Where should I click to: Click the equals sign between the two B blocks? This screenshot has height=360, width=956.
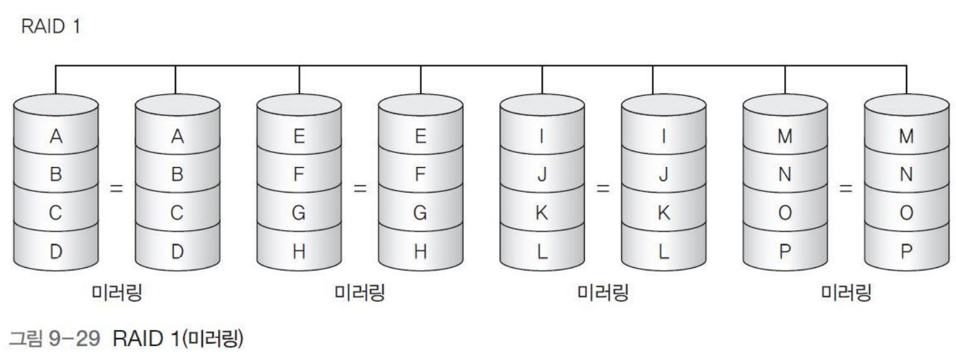(x=116, y=187)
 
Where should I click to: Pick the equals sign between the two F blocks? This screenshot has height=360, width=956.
(x=359, y=187)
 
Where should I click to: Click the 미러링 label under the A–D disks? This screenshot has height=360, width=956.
(x=117, y=292)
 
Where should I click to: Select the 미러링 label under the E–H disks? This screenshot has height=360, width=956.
(x=360, y=292)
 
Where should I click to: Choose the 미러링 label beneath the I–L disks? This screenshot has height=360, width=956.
(x=602, y=292)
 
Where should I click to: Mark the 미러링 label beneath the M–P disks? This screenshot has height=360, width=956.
(x=846, y=292)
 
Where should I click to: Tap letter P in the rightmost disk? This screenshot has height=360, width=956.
(x=906, y=251)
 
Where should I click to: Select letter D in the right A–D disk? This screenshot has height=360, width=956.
(x=177, y=251)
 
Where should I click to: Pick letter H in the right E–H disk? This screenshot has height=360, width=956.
(x=421, y=251)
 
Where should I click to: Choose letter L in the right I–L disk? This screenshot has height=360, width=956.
(x=663, y=251)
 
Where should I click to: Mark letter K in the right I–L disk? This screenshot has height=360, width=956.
(x=663, y=214)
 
